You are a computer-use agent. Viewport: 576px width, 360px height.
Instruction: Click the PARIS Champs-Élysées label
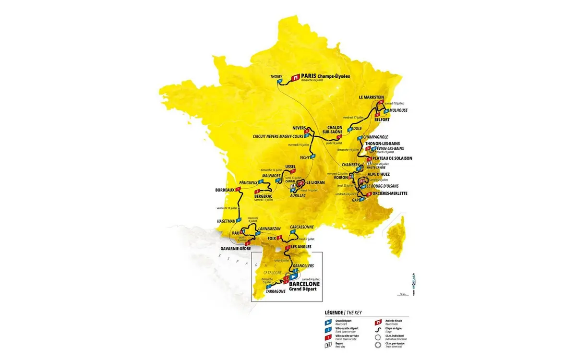click(x=326, y=76)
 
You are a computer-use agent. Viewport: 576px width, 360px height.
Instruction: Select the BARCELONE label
click(x=302, y=284)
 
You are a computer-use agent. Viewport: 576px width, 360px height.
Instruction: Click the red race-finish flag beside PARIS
click(x=296, y=77)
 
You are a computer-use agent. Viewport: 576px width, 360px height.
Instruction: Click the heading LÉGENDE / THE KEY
click(x=341, y=312)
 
